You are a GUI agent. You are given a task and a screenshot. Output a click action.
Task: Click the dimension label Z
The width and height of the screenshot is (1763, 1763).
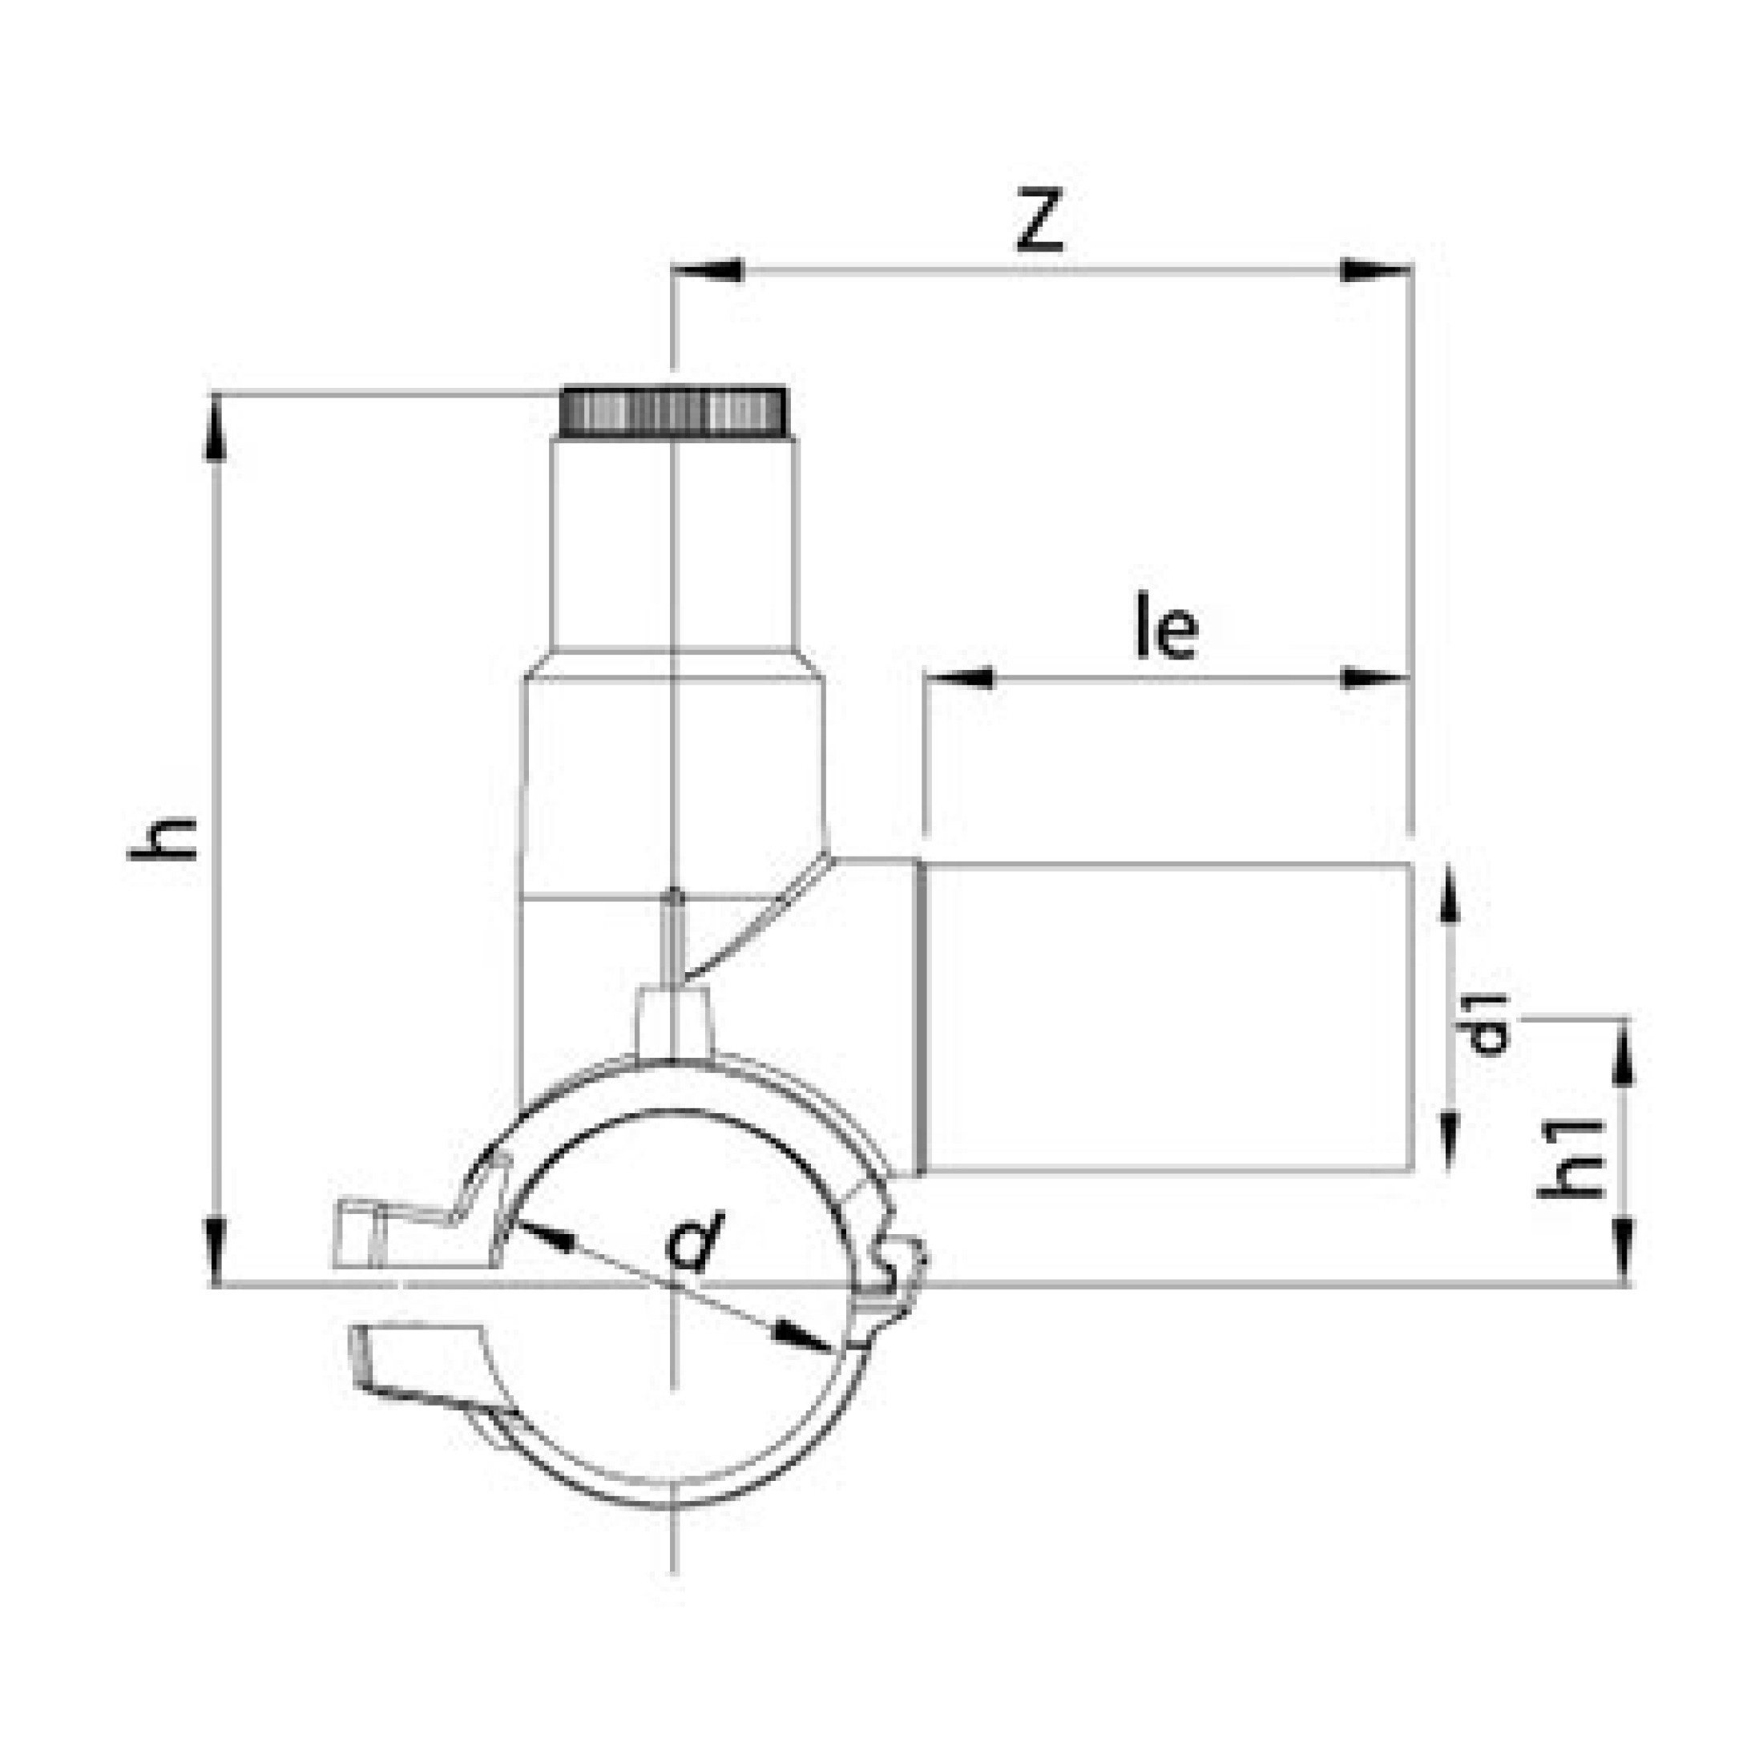[1040, 221]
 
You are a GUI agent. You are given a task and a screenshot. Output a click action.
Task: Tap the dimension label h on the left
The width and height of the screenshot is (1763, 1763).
[164, 838]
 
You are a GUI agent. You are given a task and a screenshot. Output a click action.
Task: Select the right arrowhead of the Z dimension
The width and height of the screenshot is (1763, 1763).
[1376, 270]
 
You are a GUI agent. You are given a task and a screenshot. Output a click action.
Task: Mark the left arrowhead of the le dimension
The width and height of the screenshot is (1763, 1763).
[959, 678]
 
